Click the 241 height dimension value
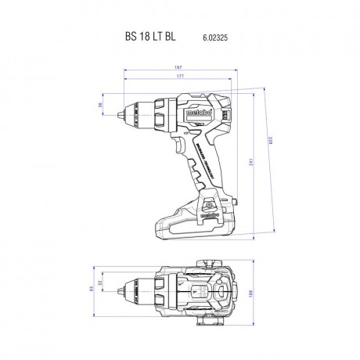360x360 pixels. click(x=249, y=162)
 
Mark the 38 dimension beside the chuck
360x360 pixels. click(x=99, y=105)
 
